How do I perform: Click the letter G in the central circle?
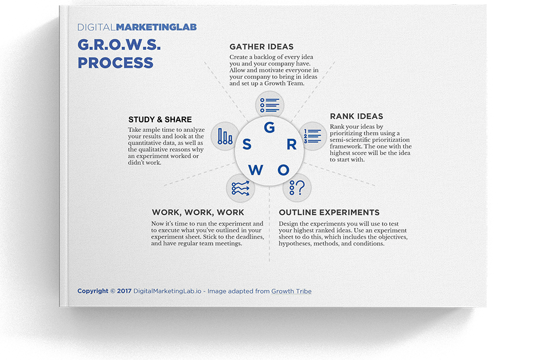270,128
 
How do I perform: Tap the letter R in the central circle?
292,144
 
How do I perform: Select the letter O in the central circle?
283,170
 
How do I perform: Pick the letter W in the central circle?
255,170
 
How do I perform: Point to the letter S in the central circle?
247,144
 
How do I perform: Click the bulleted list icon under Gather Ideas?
270,105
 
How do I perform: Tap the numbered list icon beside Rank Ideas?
312,136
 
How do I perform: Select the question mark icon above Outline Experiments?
297,188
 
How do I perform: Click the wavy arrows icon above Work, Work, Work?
241,188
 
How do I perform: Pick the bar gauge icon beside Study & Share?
225,136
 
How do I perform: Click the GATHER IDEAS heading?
261,47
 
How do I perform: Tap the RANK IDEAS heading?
357,116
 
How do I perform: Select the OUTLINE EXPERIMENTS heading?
329,213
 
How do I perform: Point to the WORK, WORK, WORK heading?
198,213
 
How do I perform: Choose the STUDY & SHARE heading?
160,119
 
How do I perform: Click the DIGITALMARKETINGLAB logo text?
137,27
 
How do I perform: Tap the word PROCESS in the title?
115,63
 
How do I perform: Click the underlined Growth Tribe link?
292,291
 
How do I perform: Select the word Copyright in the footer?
93,291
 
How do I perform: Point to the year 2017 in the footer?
124,291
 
